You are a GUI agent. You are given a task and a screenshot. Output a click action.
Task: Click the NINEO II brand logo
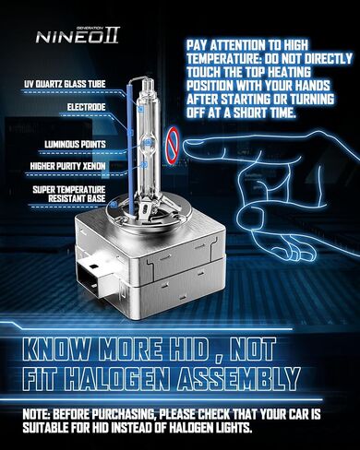(x=78, y=35)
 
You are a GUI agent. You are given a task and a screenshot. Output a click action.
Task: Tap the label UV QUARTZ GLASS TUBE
(x=65, y=84)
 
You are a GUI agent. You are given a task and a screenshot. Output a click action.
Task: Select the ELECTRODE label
(x=86, y=107)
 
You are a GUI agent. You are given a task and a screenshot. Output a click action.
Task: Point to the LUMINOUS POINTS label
(x=75, y=144)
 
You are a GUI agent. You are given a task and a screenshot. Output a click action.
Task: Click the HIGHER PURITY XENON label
(x=67, y=166)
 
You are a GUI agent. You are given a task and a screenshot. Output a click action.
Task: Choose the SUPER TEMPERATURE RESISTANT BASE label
(x=69, y=194)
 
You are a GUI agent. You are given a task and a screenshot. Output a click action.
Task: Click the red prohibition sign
(x=173, y=146)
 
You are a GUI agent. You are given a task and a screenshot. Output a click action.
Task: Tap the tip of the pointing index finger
(x=185, y=145)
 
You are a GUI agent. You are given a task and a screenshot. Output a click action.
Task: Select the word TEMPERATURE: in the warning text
(x=224, y=58)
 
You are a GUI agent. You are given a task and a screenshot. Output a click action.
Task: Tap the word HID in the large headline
(x=186, y=349)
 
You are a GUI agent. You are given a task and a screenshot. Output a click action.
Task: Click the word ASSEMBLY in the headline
(x=239, y=378)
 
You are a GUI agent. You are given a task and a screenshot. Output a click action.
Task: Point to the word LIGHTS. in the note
(x=232, y=428)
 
